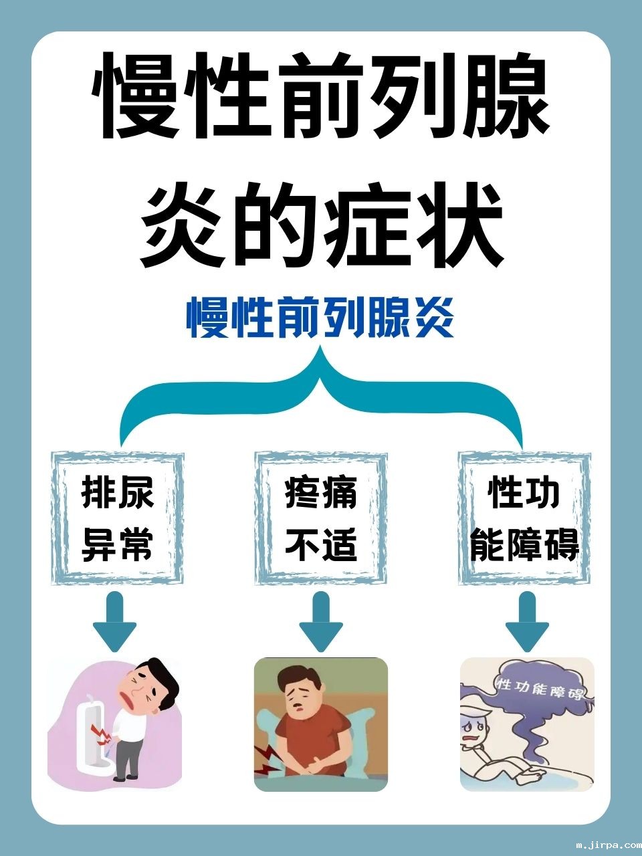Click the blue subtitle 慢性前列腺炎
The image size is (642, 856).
[x=321, y=319]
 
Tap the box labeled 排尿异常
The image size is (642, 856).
[x=118, y=519]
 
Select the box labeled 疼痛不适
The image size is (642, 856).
[x=321, y=519]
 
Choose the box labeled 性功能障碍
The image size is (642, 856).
[x=524, y=519]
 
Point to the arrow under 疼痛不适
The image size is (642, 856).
[x=320, y=623]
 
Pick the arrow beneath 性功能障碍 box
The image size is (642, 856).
[x=527, y=623]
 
